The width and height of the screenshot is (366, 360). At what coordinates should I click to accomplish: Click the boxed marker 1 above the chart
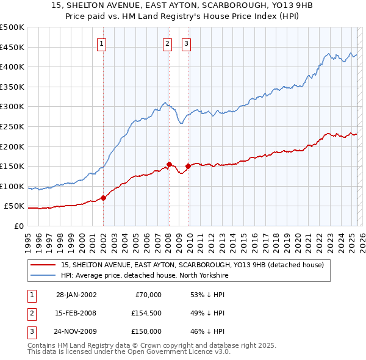[101, 43]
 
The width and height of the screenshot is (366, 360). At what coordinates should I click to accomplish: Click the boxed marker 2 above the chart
[167, 43]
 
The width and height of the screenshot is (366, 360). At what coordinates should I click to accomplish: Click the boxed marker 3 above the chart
[186, 43]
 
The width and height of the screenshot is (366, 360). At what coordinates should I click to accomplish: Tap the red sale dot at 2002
[103, 198]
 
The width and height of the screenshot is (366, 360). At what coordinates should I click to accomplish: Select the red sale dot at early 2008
[169, 164]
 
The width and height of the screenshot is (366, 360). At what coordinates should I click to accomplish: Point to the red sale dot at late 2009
[188, 166]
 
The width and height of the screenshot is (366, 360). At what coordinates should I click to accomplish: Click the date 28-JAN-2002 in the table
[76, 295]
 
